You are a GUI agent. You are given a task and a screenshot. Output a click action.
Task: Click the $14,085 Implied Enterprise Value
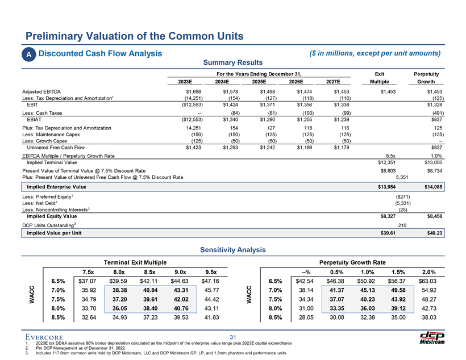[434, 186]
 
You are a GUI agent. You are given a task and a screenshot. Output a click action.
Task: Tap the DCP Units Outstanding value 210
[402, 224]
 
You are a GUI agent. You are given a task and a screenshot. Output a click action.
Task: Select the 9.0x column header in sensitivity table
[183, 270]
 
